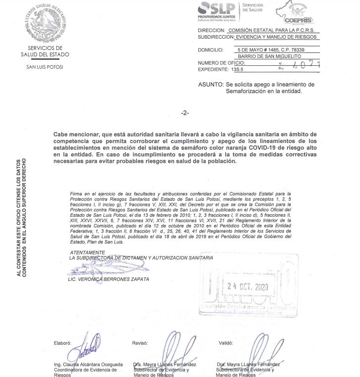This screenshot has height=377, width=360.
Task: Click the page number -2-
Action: pyautogui.click(x=185, y=113)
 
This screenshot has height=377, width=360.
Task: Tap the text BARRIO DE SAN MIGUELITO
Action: pyautogui.click(x=270, y=56)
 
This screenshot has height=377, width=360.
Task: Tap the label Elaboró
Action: pyautogui.click(x=63, y=343)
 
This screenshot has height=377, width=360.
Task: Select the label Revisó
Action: pyautogui.click(x=140, y=343)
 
